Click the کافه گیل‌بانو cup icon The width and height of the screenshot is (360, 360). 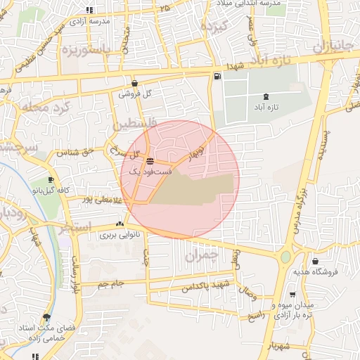point(51,180)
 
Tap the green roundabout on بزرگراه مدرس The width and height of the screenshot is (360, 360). point(285,257)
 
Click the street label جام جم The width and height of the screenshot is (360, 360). point(111,283)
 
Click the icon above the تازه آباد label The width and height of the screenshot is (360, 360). point(266,97)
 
